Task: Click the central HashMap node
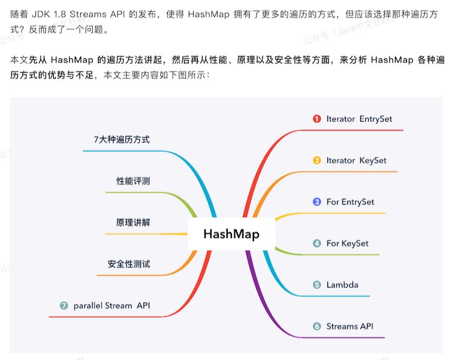(231, 233)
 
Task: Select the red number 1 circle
(317, 119)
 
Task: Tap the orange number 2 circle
(317, 161)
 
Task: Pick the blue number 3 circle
(317, 202)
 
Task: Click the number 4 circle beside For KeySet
(317, 244)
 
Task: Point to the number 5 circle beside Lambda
(317, 285)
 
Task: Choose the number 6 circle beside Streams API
(317, 327)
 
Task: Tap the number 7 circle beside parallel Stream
(64, 306)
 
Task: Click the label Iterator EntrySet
(359, 119)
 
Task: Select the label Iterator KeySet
(356, 161)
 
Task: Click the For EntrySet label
(350, 202)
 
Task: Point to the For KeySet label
(347, 244)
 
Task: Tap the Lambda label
(342, 285)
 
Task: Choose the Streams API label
(350, 327)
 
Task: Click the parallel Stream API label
(112, 306)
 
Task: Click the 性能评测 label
(133, 181)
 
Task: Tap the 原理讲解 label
(133, 223)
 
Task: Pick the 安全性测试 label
(128, 264)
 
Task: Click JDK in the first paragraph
(49, 13)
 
